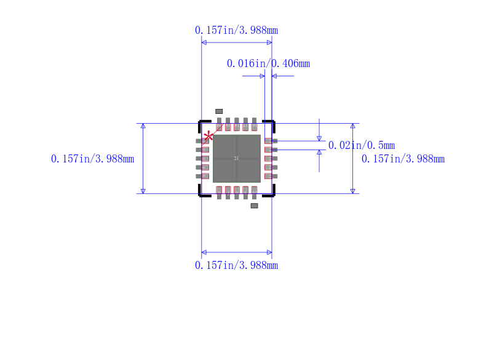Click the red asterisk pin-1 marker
(209, 136)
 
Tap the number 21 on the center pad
(237, 159)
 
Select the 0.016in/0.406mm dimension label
(268, 63)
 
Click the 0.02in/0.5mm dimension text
(362, 145)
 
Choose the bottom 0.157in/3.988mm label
(237, 265)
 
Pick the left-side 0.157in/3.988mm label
(92, 159)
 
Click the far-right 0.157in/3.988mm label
(403, 159)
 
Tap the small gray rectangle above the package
(219, 111)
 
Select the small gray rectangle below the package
(254, 206)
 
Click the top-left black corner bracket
(204, 125)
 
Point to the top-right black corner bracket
(269, 125)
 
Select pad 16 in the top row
(254, 124)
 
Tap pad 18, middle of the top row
(237, 124)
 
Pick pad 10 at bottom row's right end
(254, 193)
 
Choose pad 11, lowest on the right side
(271, 176)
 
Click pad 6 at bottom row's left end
(219, 193)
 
